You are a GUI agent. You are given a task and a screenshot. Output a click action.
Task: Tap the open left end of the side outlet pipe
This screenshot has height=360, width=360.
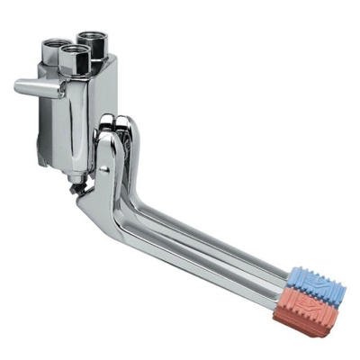pyautogui.click(x=18, y=87)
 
